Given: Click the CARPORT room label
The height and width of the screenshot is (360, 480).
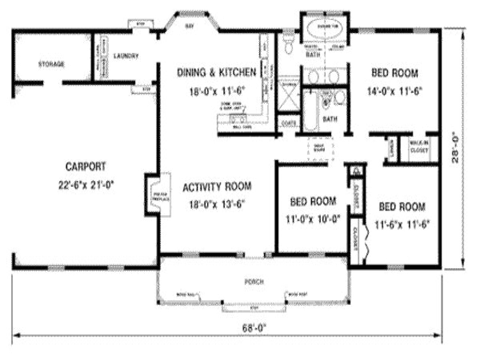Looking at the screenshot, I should click(85, 166).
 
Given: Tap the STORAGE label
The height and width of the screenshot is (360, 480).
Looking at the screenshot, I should click(51, 64).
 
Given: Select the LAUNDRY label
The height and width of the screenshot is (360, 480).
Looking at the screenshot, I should click(126, 56).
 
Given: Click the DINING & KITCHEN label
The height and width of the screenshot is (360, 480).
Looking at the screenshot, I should click(216, 72).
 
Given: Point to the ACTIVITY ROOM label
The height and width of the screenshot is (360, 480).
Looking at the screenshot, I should click(217, 187).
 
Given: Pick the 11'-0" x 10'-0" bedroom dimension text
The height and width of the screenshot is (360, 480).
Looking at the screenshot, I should click(313, 219).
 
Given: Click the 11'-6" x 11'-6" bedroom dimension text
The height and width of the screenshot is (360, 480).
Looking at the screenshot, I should click(402, 224).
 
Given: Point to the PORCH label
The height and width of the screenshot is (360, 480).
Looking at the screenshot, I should click(254, 282).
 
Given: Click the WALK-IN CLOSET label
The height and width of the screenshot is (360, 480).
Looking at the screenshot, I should click(419, 147).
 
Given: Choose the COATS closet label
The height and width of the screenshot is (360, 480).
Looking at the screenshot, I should click(289, 123).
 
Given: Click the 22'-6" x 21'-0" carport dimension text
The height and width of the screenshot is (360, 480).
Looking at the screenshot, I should click(85, 185).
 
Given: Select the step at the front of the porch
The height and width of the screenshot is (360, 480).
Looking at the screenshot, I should click(254, 308).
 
